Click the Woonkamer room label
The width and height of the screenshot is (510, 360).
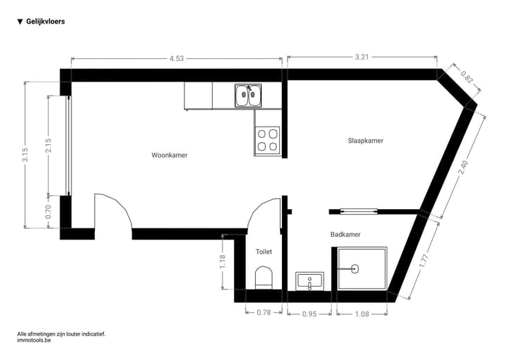pos(170,155)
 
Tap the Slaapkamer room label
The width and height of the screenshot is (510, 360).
pos(366,141)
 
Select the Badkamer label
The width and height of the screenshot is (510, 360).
pos(345,234)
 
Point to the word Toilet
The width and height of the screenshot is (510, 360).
pos(263,251)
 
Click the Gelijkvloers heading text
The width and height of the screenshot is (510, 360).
pos(46,21)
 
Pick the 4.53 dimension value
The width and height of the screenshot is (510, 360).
pos(176,58)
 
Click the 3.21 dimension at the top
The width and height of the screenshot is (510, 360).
pos(362,57)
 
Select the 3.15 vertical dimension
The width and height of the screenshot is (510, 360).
pos(25,154)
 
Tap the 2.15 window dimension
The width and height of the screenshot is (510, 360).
pos(48,145)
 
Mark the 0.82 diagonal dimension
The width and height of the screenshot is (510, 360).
pos(466,78)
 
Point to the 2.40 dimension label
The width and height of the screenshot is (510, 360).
pos(463,168)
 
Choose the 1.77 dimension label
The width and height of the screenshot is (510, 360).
pos(424,261)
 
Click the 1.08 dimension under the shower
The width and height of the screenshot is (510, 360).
pos(362,314)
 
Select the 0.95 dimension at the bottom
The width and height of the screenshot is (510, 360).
pos(309,314)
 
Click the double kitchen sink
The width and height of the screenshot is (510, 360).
pos(248,96)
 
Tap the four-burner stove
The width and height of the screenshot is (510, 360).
pos(267,140)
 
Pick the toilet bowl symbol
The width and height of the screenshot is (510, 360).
pos(263,277)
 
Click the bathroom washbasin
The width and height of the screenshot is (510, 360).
pos(310,281)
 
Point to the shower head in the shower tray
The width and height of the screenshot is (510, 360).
pos(355,269)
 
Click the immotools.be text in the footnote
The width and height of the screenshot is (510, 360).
pos(34,340)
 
